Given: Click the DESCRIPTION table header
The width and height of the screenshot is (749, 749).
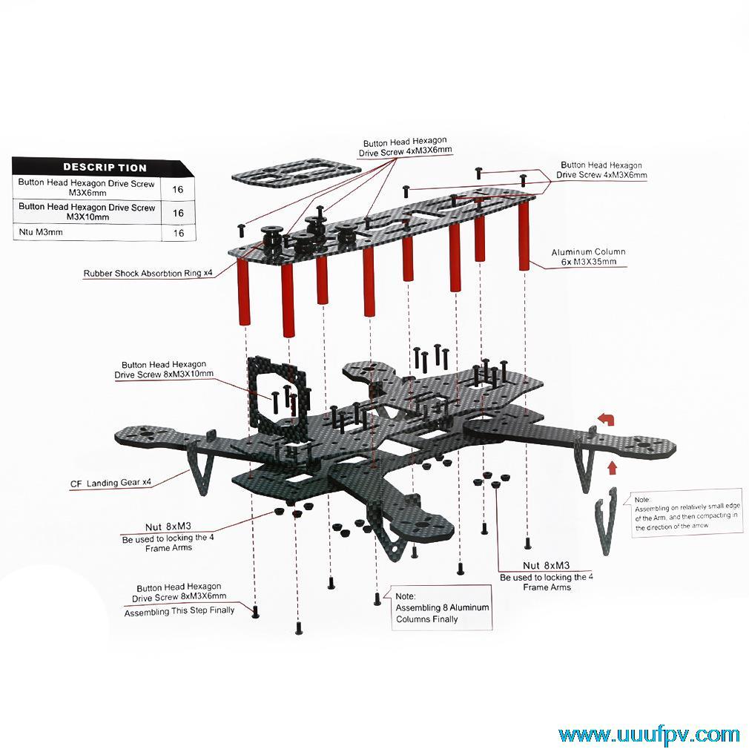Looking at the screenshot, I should [104, 167].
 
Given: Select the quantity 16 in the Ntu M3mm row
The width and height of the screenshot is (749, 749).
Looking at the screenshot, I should [178, 232].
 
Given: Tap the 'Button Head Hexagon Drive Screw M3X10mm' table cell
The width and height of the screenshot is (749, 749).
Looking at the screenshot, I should [87, 212].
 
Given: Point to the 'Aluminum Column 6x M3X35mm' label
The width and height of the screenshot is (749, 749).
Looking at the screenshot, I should [588, 257].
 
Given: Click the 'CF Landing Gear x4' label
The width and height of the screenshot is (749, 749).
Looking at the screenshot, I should [110, 484].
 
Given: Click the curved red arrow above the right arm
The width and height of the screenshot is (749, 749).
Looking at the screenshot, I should [607, 420].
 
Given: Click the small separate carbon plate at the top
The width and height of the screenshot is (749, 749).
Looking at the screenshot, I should [296, 174].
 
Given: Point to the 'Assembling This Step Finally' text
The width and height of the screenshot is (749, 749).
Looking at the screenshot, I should [179, 611].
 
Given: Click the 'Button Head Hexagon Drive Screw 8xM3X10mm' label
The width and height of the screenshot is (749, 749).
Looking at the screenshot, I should [164, 369].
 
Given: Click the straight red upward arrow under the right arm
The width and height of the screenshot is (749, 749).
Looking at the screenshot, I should [613, 468].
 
